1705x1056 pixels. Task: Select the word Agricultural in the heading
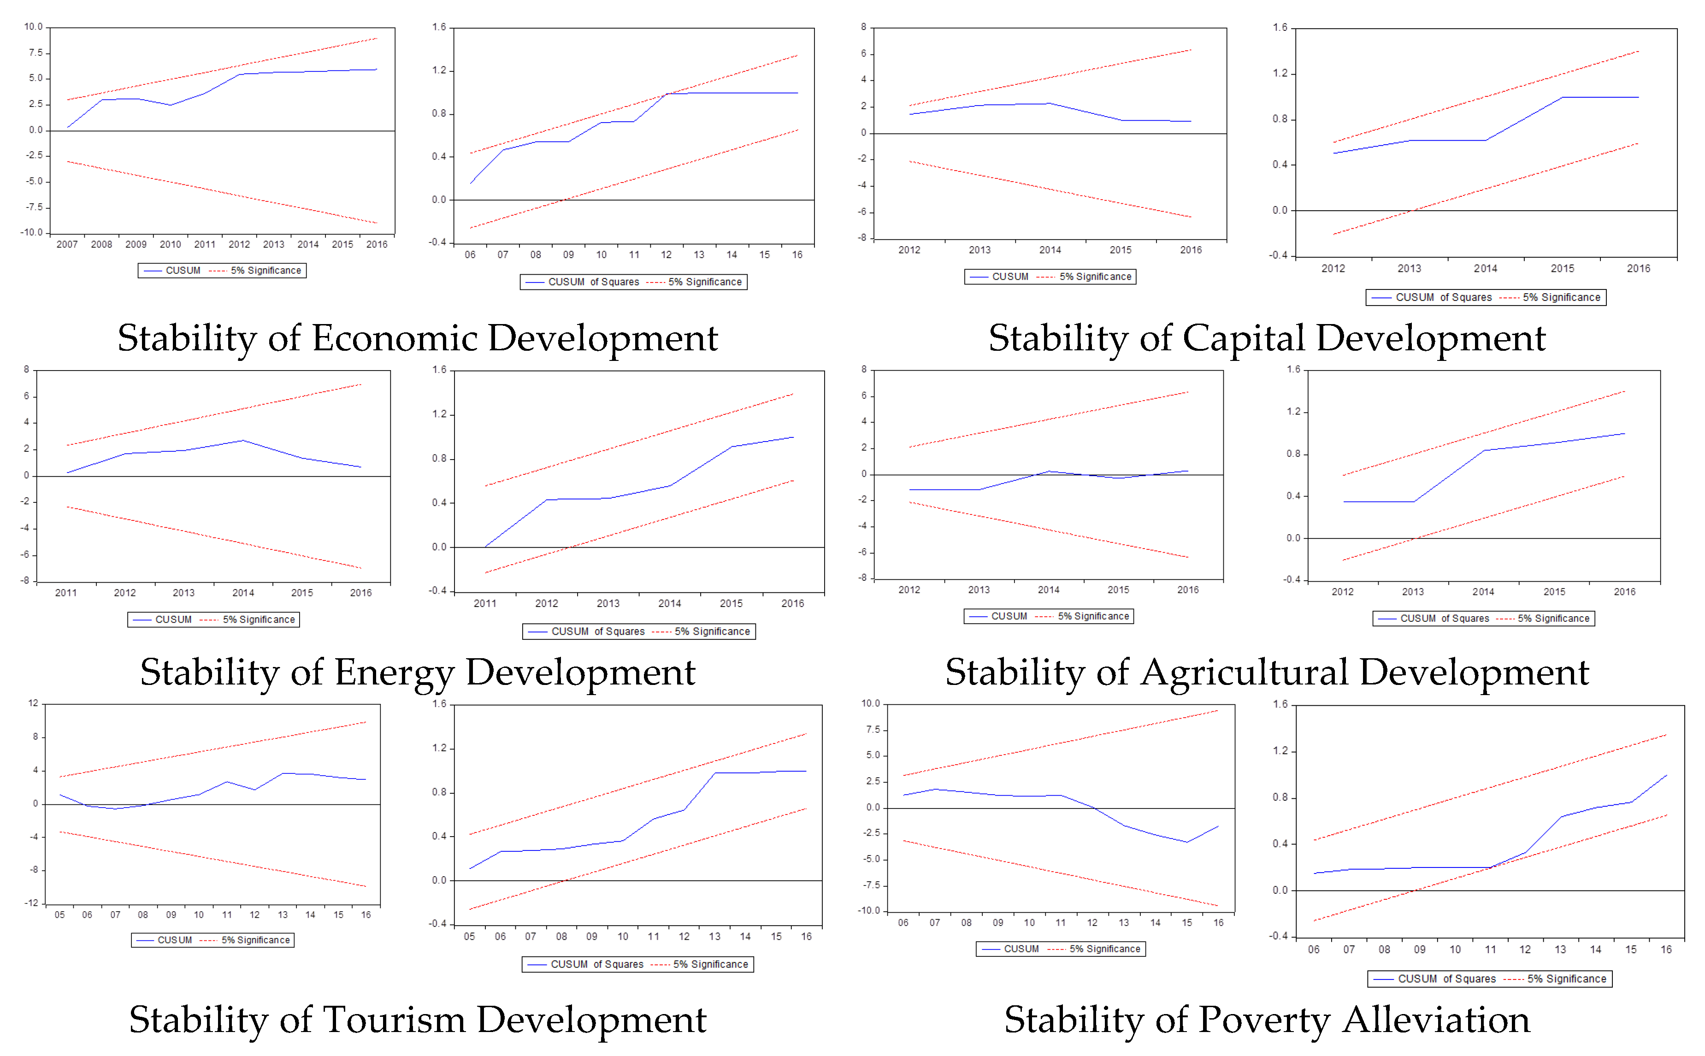1244,673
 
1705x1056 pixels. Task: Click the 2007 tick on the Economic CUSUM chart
67,244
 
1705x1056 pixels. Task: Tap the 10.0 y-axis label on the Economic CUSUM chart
34,27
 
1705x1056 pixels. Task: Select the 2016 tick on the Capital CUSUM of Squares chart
1638,268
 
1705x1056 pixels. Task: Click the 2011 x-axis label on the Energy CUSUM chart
66,593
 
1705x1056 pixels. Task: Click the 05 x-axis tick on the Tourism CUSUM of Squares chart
469,937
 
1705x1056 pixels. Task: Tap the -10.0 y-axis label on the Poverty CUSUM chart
869,911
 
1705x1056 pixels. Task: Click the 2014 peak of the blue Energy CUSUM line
242,441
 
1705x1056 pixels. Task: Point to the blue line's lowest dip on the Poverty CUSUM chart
1186,842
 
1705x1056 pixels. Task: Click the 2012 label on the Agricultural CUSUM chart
909,590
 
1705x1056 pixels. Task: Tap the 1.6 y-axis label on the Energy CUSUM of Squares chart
439,370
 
